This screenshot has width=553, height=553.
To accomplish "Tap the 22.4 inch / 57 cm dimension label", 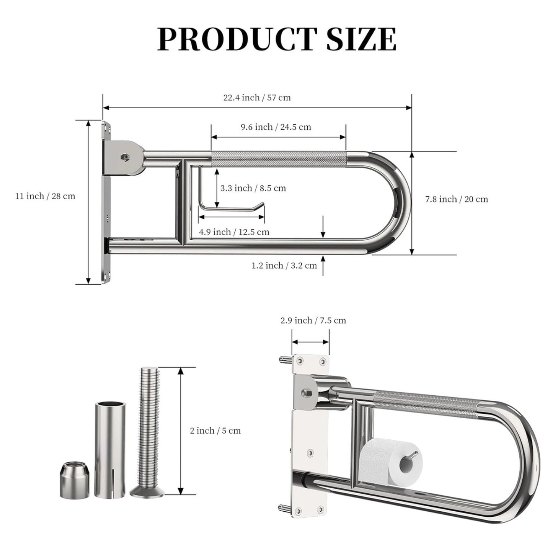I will click(257, 98).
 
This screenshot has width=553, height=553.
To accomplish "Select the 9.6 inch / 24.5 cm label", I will click(276, 127).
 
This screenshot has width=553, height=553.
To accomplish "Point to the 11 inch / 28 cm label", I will click(45, 196).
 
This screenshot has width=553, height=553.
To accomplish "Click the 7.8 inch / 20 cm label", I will click(457, 199).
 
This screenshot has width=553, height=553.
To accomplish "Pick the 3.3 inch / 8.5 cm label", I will click(253, 188).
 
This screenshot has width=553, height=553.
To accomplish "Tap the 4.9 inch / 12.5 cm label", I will click(234, 232).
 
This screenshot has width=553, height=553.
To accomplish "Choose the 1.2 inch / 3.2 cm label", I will click(284, 266).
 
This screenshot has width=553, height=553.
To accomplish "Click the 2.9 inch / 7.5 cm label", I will click(313, 320).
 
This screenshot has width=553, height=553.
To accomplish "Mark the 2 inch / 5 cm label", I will click(215, 431).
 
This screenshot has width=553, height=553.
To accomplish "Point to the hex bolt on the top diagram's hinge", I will click(124, 157).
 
